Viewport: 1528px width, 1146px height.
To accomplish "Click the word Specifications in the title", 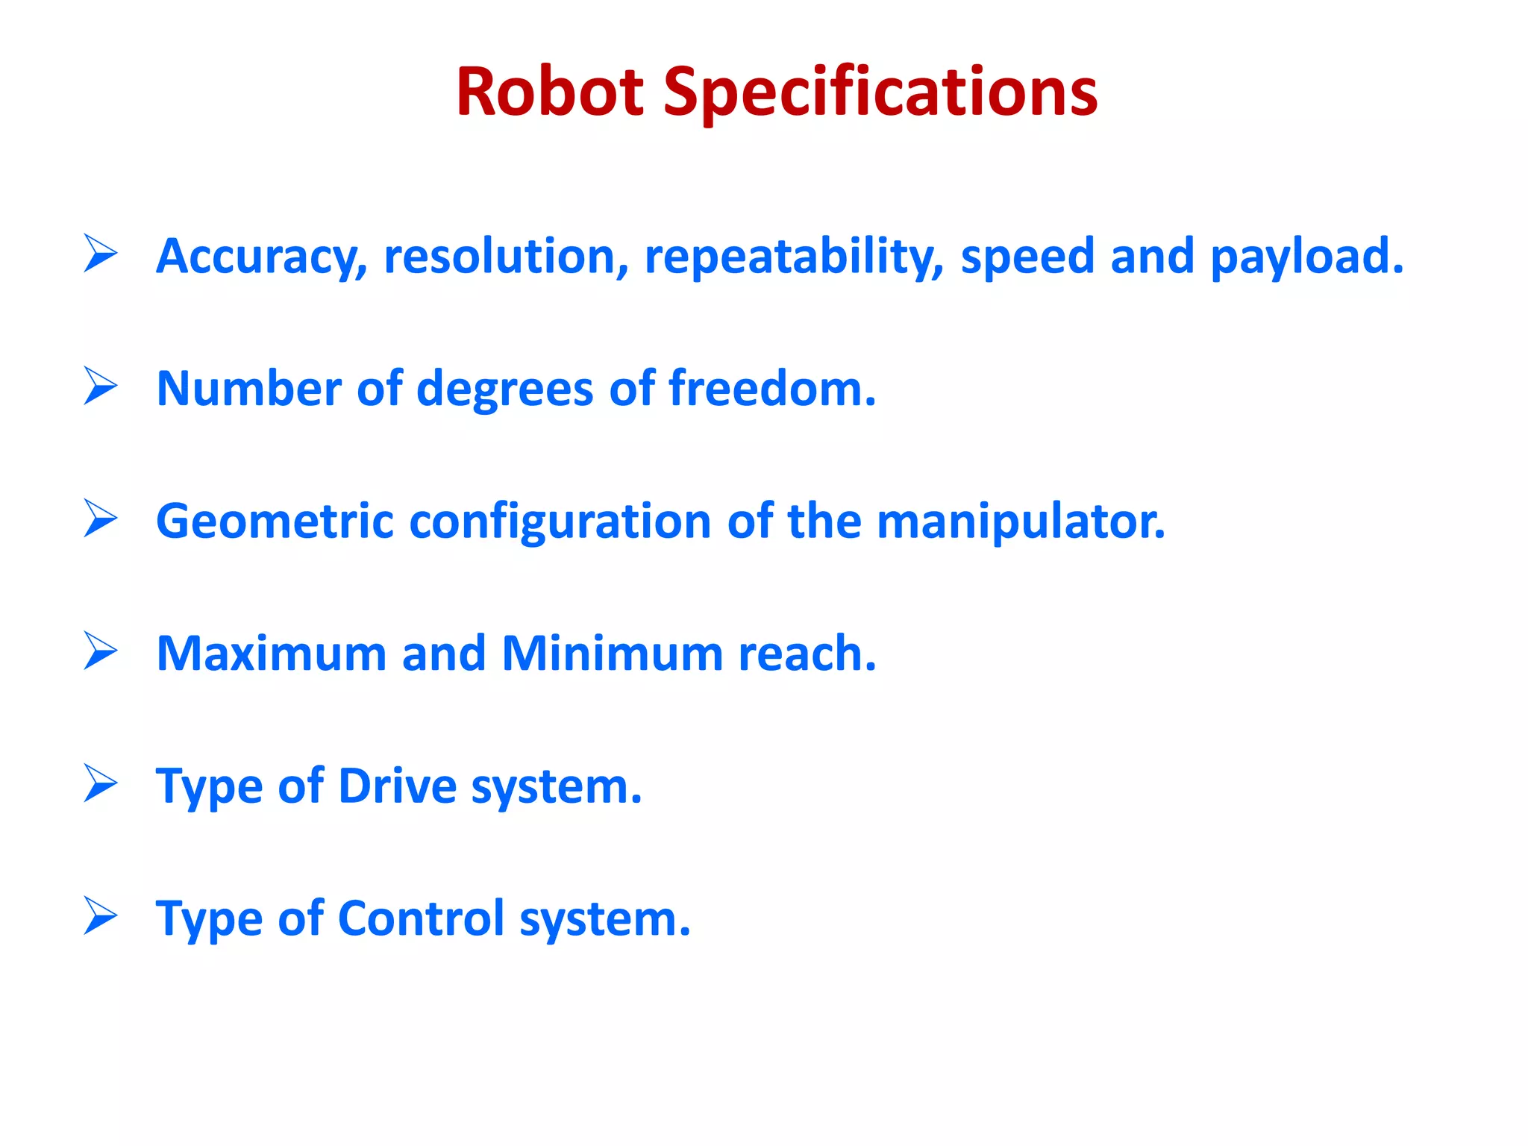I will click(x=880, y=93).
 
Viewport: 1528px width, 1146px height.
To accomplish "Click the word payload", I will click(x=1306, y=257).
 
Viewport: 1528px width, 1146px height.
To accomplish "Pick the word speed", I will click(x=1027, y=258).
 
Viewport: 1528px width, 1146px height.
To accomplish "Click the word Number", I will click(x=248, y=389).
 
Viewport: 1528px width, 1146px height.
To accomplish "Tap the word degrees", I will click(x=504, y=390).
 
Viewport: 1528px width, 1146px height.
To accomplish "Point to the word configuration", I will click(x=560, y=522).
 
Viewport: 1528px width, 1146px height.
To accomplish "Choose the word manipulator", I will click(x=1019, y=522).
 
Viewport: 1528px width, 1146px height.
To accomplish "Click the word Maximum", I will click(x=271, y=654).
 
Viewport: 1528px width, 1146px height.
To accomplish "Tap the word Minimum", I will click(x=612, y=654).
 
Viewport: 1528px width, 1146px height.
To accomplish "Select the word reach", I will click(x=807, y=654).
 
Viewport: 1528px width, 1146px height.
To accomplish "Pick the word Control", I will click(x=422, y=918).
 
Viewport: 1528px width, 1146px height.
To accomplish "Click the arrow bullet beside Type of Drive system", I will click(x=101, y=783).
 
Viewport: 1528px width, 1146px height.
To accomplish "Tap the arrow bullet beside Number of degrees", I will click(x=101, y=386).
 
